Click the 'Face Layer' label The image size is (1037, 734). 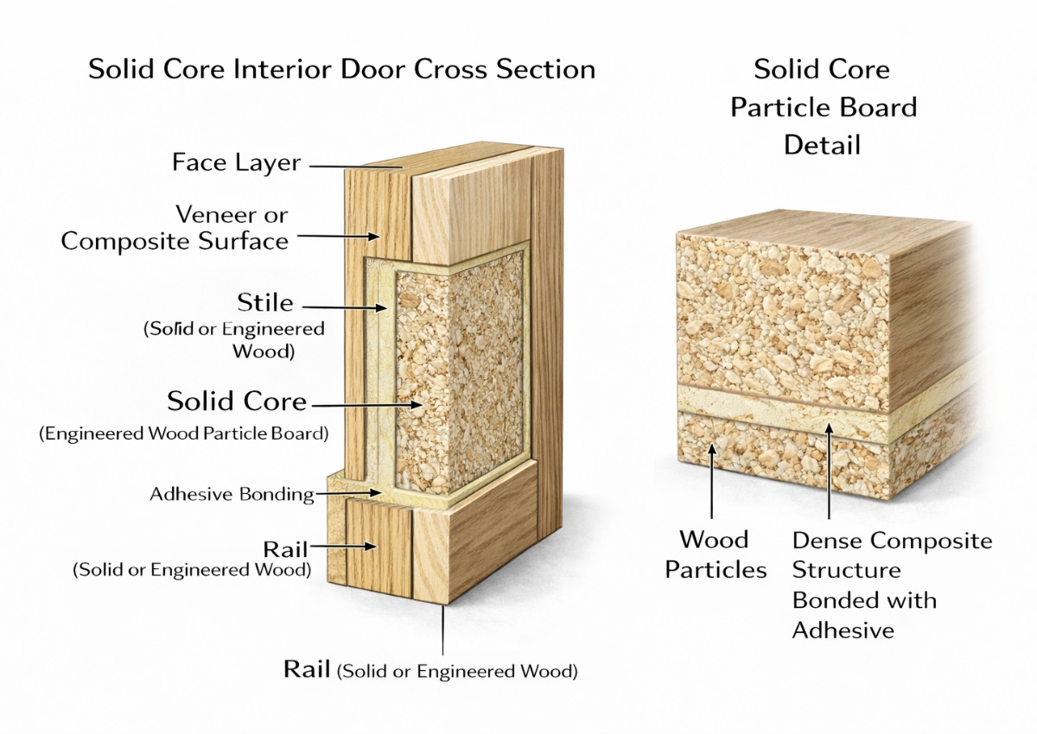tap(236, 162)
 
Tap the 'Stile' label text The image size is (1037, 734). tap(265, 303)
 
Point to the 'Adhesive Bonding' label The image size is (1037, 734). tap(231, 495)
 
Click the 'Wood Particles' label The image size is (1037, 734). tap(716, 554)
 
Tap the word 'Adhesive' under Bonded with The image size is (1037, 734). tap(843, 630)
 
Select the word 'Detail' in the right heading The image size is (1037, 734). tap(822, 144)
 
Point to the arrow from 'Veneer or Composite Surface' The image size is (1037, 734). tap(337, 234)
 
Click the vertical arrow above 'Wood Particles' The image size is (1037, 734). tap(712, 484)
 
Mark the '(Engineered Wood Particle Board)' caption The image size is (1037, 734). tap(183, 433)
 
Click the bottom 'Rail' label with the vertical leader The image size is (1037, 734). tap(307, 669)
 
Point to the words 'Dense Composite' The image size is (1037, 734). tap(892, 541)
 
